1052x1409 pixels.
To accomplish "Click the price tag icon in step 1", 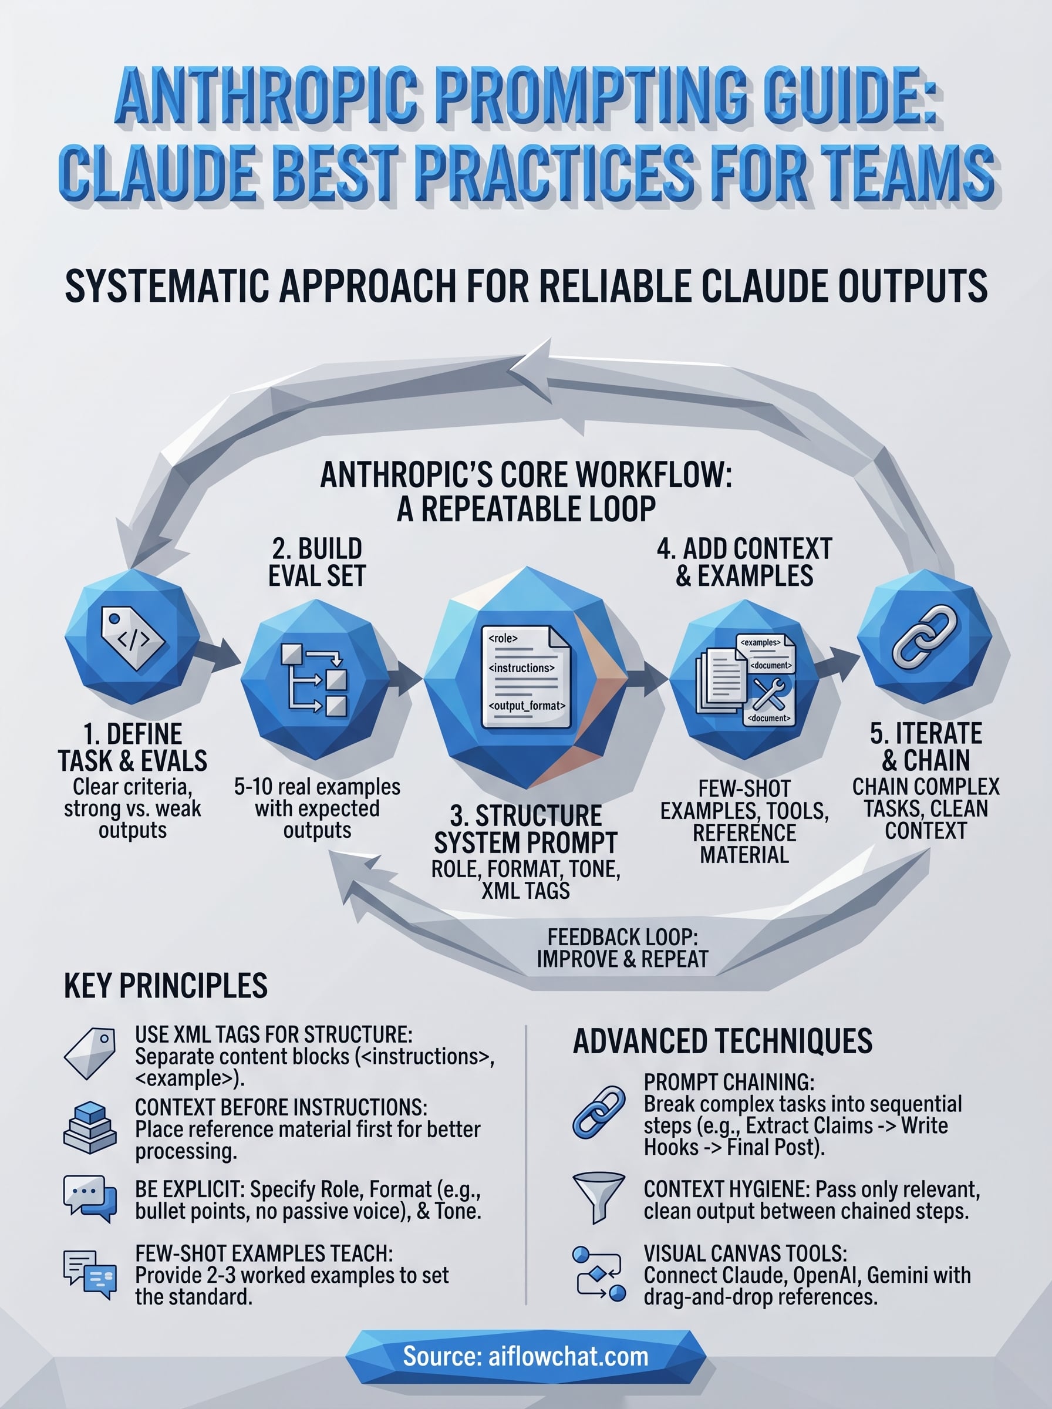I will pos(133,638).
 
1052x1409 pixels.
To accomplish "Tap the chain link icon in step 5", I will pos(925,638).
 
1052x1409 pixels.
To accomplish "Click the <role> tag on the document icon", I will pos(503,639).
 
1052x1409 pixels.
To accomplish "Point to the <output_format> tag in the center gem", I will pos(527,706).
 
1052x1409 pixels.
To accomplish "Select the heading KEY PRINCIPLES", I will pos(166,986).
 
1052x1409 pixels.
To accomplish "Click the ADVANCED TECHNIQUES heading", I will pos(722,1041).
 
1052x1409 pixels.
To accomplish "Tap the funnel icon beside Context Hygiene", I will pos(598,1197).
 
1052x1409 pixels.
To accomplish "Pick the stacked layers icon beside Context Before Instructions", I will pos(90,1128).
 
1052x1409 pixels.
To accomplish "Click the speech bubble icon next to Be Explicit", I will pos(90,1198).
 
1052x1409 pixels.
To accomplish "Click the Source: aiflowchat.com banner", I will pos(526,1356).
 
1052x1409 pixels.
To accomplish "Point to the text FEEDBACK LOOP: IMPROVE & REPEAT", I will pos(622,948).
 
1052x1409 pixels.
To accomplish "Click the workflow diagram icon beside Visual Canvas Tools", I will pos(599,1273).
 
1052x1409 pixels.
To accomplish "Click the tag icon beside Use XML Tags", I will pos(90,1053).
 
